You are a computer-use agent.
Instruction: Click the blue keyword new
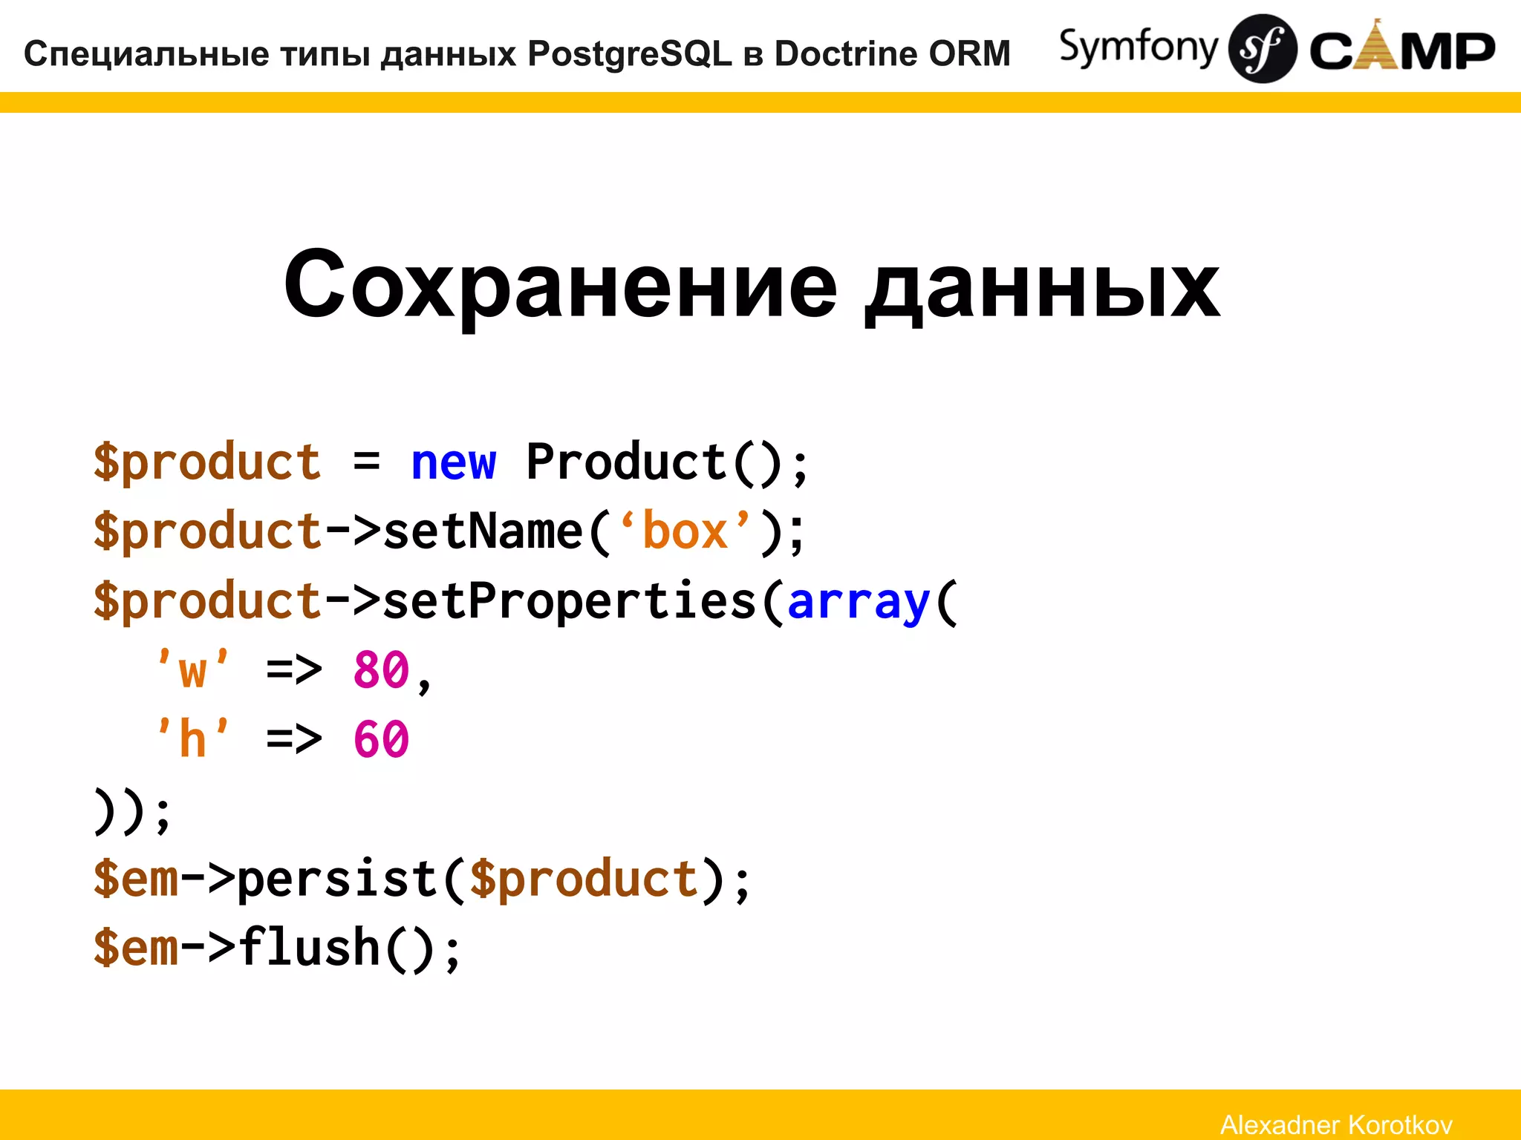coord(453,464)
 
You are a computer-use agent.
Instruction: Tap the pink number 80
coord(381,670)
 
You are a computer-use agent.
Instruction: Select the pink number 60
coord(381,740)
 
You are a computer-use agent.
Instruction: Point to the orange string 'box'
coord(685,532)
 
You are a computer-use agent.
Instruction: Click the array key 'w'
coord(193,670)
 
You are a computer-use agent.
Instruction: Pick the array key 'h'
coord(193,740)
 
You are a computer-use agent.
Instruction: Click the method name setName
coord(483,532)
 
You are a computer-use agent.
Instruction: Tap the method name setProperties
coord(570,601)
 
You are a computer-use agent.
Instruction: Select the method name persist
coord(338,879)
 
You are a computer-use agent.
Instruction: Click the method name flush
coord(309,949)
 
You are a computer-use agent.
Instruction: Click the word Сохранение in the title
coord(561,286)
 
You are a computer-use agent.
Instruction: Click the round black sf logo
coord(1262,49)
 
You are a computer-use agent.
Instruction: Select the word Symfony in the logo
coord(1138,47)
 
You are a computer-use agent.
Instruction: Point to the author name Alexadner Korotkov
coord(1336,1124)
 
